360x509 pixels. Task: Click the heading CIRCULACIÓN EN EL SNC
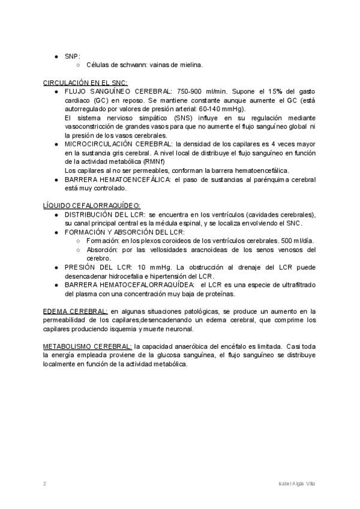(85, 82)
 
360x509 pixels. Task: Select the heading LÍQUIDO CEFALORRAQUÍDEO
(92, 205)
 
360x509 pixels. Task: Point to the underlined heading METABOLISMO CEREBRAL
(88, 346)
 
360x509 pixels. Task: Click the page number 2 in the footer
(45, 483)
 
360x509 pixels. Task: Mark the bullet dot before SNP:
(56, 56)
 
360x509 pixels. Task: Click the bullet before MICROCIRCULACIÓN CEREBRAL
(56, 145)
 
